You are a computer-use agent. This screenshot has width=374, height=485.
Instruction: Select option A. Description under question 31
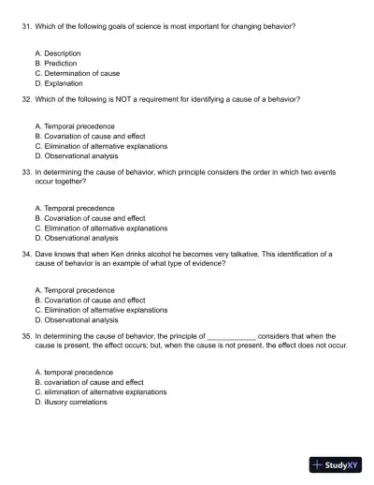(x=57, y=53)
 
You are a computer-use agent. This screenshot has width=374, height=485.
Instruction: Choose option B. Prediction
(x=55, y=63)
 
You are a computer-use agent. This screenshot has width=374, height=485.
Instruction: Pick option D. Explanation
(x=58, y=82)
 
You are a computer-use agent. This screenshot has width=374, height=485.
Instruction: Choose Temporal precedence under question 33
(x=78, y=208)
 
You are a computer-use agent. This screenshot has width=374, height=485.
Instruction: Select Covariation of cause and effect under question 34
(x=93, y=300)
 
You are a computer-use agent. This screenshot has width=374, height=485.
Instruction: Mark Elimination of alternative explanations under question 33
(x=105, y=227)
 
